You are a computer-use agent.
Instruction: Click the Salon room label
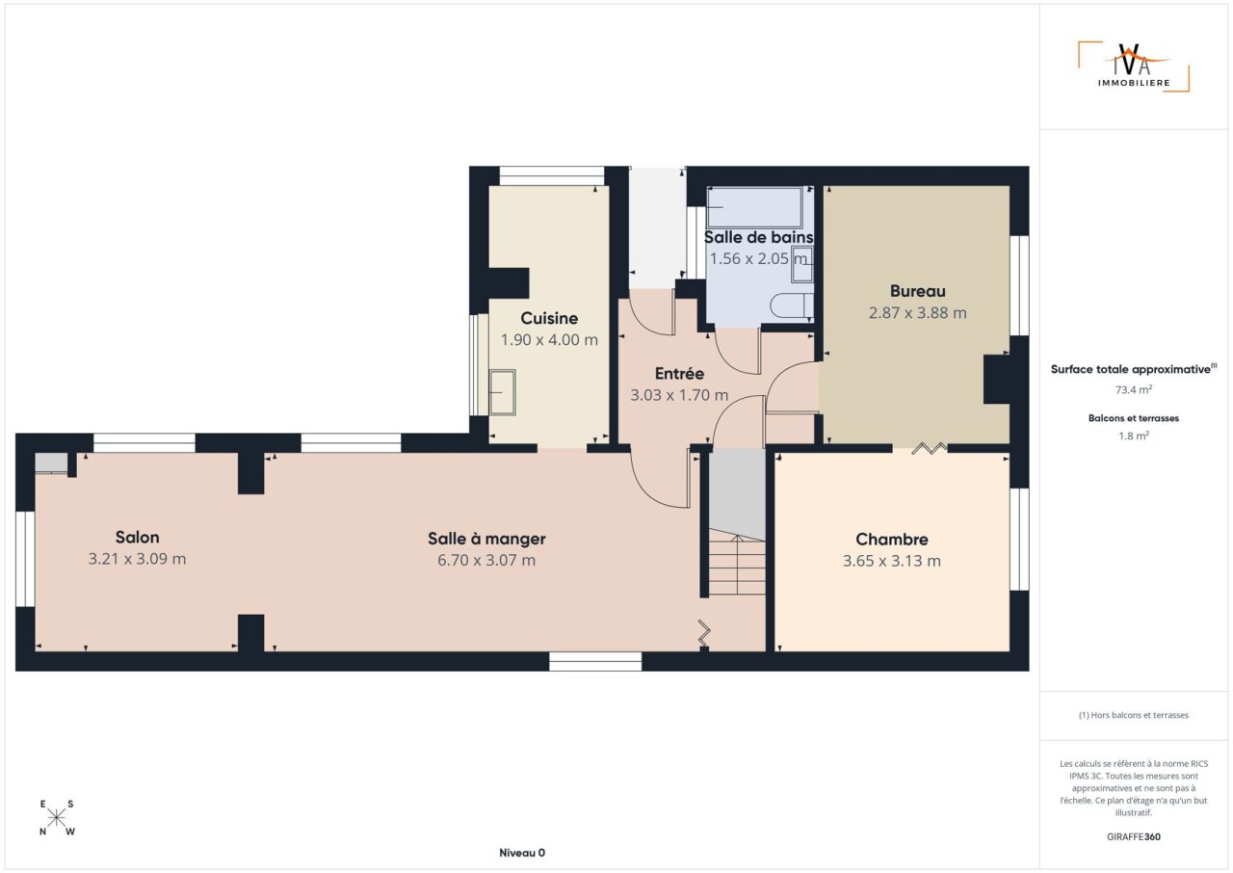click(137, 537)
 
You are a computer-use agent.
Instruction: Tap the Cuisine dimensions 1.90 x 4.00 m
click(549, 339)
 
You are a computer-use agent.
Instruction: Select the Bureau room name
click(918, 291)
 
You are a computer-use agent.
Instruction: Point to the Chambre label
click(892, 539)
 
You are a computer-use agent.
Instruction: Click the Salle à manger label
click(486, 539)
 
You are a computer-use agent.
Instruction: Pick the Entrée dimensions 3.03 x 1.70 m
click(679, 395)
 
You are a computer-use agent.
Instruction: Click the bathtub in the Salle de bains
click(754, 207)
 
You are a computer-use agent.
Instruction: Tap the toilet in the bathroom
click(792, 305)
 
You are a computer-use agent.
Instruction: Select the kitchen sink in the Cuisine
click(502, 392)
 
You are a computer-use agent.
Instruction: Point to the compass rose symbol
click(56, 818)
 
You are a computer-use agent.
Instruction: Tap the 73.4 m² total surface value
click(1134, 389)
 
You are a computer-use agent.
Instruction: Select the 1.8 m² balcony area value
click(1134, 436)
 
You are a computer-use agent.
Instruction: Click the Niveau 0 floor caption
click(522, 853)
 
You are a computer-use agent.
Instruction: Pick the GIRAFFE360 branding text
click(1134, 836)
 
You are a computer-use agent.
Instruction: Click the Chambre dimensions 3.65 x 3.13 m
click(892, 561)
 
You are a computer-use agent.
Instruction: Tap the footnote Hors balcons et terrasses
click(1134, 715)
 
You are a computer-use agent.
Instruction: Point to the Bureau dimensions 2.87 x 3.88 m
click(918, 312)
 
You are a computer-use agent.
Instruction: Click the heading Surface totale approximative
click(1134, 369)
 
